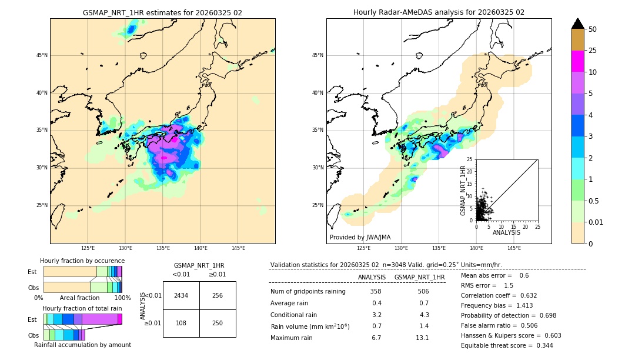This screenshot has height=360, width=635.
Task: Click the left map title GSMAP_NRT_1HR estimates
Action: pos(162,12)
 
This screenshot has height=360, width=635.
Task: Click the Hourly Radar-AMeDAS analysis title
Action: pos(439,12)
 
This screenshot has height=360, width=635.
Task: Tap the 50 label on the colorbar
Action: pos(593,29)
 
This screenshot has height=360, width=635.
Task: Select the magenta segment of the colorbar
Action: pos(577,61)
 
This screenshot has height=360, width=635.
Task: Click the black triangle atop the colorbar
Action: pos(577,23)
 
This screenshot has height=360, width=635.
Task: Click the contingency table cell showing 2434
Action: pos(181,295)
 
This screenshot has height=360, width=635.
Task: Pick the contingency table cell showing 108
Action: pos(181,323)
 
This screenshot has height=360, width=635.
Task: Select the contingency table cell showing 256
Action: pos(218,295)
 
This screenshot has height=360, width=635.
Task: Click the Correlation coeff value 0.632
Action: pos(524,295)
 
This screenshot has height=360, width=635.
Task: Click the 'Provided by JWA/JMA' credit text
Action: pos(360,237)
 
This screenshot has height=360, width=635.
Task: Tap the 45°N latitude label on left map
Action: pos(42,55)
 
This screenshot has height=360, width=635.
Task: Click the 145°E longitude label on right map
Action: pos(514,248)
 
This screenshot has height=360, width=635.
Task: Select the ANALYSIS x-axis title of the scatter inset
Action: pos(506,232)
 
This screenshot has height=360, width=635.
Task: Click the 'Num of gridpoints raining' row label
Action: pos(308,291)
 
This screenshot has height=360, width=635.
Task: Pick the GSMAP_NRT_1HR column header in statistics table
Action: pos(419,277)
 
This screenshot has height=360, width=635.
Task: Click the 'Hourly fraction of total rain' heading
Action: pos(82,308)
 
